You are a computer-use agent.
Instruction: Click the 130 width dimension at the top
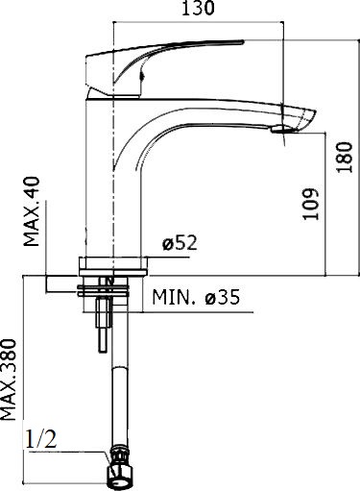coord(198,9)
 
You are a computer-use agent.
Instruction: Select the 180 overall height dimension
coord(346,157)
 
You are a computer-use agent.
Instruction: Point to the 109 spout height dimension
coord(311,204)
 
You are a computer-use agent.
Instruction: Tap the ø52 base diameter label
coord(180,243)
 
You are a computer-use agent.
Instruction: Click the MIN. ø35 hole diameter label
coord(196,297)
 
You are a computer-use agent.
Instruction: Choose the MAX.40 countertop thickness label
coord(32,211)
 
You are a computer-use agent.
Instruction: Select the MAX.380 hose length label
coord(8,380)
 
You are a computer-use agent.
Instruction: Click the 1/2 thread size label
coord(40,439)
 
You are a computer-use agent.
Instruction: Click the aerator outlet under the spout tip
coord(281,129)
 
